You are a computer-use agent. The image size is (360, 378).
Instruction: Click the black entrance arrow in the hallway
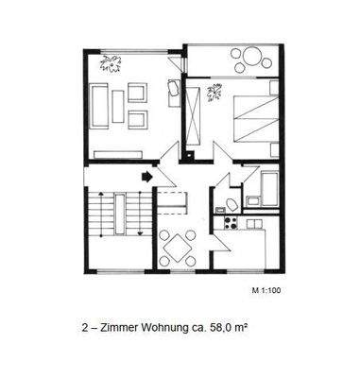[x=147, y=175]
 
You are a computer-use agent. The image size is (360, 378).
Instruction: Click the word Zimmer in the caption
[x=119, y=329]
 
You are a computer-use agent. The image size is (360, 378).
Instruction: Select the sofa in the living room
[x=99, y=106]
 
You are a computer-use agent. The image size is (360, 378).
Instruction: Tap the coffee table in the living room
[x=118, y=106]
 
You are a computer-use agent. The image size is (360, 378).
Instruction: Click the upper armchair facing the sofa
[x=137, y=94]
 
